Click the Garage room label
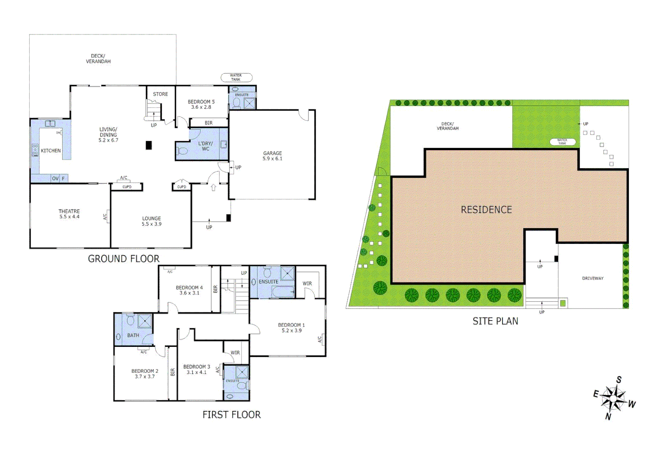273,154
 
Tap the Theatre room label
69,211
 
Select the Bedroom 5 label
201,102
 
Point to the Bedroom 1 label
291,325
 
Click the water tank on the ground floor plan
236,78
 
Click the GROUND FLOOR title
124,259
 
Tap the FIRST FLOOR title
232,415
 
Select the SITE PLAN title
495,321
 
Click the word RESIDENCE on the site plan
486,210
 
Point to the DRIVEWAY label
593,278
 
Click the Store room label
160,94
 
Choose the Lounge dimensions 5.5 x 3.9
151,224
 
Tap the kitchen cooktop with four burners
35,150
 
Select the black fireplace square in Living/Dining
149,145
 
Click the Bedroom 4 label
189,288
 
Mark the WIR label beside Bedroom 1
307,283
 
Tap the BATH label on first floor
133,335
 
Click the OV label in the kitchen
55,178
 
